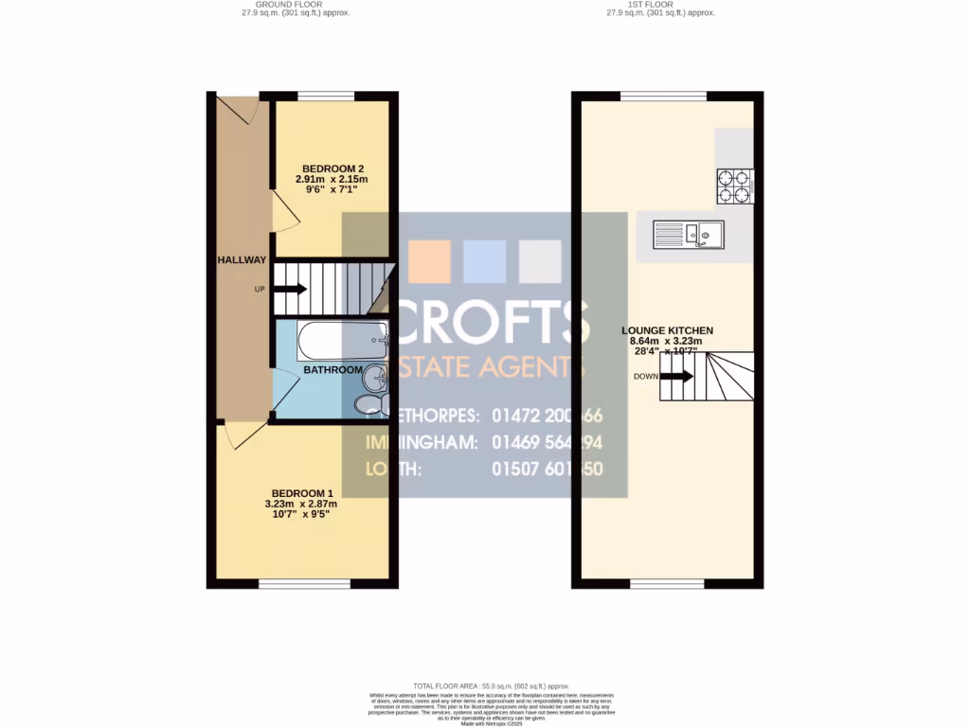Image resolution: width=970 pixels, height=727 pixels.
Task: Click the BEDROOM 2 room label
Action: pyautogui.click(x=331, y=168)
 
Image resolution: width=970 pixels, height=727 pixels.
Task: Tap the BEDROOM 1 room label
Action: pyautogui.click(x=302, y=492)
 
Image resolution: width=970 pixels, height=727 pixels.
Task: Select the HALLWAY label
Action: pyautogui.click(x=242, y=260)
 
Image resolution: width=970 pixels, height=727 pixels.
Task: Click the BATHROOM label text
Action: pyautogui.click(x=332, y=369)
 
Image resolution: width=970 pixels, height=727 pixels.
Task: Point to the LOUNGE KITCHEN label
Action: pyautogui.click(x=667, y=330)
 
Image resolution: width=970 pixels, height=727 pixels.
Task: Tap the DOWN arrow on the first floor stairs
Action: pyautogui.click(x=675, y=376)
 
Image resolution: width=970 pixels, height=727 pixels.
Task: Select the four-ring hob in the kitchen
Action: pyautogui.click(x=734, y=186)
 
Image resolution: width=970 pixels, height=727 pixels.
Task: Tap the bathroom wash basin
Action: pyautogui.click(x=376, y=378)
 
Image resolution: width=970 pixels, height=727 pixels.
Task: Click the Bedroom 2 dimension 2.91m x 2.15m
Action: pyautogui.click(x=331, y=179)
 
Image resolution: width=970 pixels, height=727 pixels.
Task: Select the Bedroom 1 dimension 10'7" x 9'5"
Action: pyautogui.click(x=301, y=515)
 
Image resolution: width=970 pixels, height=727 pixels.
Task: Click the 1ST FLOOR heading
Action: pyautogui.click(x=661, y=4)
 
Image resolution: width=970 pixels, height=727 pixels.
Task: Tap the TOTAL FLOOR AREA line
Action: pyautogui.click(x=491, y=685)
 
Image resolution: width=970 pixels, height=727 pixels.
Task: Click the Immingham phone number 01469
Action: pyautogui.click(x=547, y=442)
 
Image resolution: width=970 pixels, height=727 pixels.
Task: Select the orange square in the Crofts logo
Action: pyautogui.click(x=429, y=261)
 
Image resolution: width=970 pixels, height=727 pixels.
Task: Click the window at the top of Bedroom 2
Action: pyautogui.click(x=326, y=96)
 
